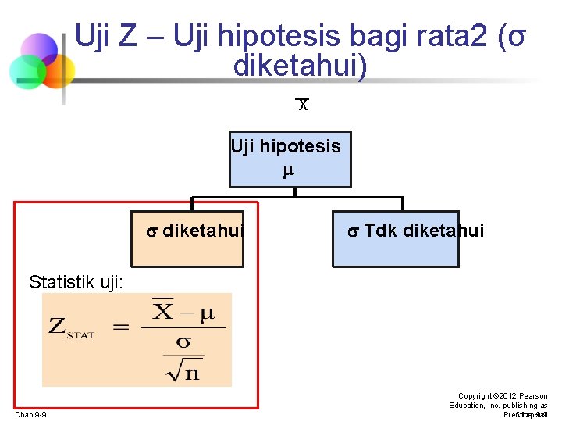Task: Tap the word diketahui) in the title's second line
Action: (300, 66)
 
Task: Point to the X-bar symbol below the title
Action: (303, 104)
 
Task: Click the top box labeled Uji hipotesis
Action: (290, 159)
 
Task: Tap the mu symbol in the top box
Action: (288, 169)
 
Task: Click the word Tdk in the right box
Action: (381, 231)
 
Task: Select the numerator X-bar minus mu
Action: (183, 313)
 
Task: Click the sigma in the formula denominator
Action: (184, 342)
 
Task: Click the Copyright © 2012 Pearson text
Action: (503, 396)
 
